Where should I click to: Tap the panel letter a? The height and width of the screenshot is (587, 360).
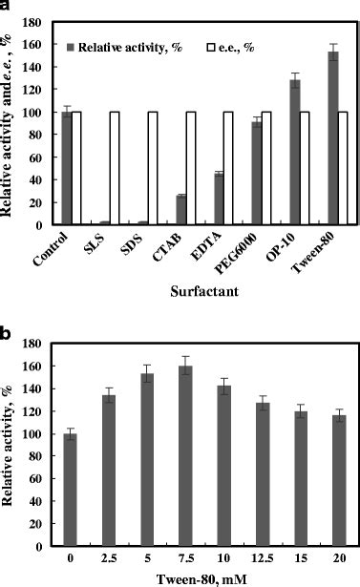click(8, 7)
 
